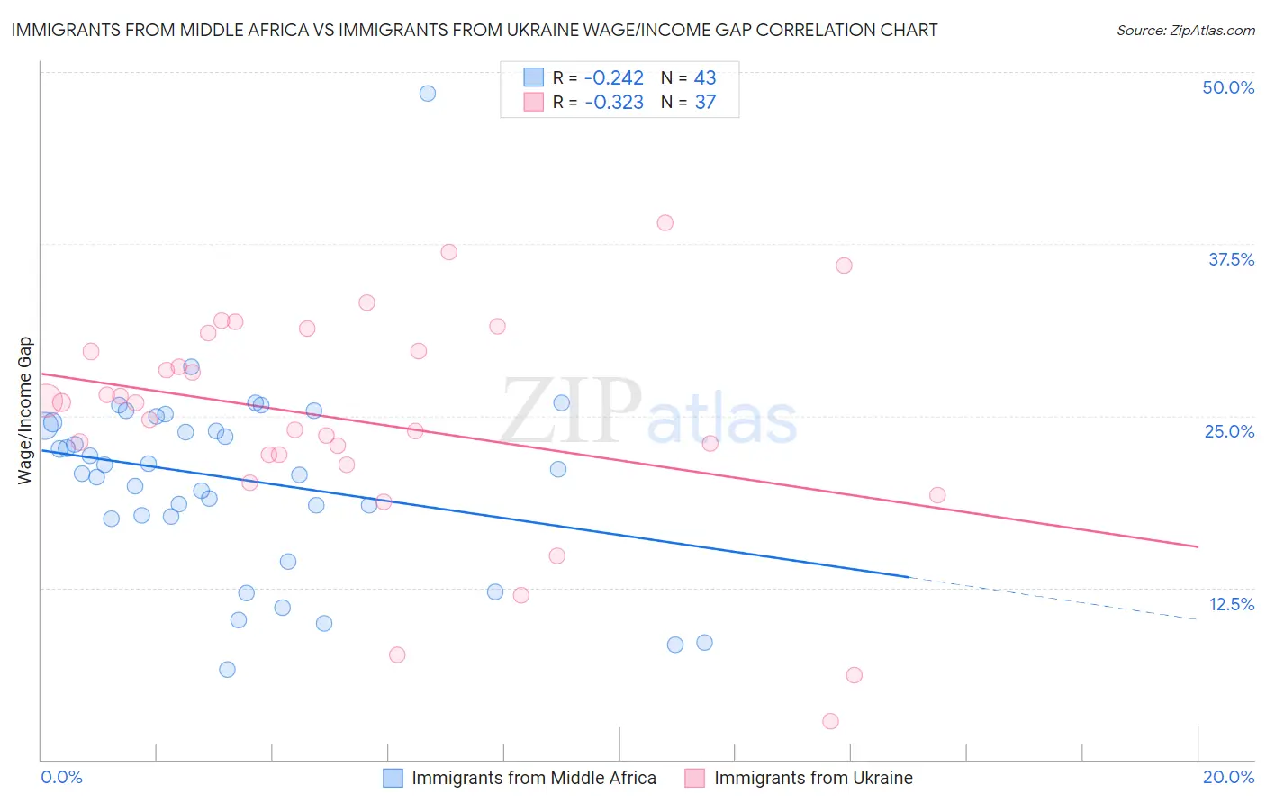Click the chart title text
(x=474, y=31)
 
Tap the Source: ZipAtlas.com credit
(x=1185, y=31)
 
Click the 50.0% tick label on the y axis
(x=1228, y=87)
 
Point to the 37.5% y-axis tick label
(x=1231, y=259)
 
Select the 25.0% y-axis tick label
(x=1229, y=431)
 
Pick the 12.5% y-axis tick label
(x=1231, y=604)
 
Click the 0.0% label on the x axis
(x=61, y=777)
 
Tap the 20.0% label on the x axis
(x=1228, y=777)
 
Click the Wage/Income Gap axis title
(x=25, y=411)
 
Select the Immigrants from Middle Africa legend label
(x=534, y=778)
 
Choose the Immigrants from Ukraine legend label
(x=813, y=778)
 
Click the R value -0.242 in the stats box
(x=614, y=78)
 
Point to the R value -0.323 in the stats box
(x=614, y=103)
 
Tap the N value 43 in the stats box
(x=705, y=78)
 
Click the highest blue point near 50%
(x=428, y=94)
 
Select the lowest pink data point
(x=830, y=721)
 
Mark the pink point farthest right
(x=937, y=495)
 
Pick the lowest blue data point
(x=227, y=670)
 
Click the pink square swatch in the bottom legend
(x=694, y=778)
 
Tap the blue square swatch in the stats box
(x=534, y=77)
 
